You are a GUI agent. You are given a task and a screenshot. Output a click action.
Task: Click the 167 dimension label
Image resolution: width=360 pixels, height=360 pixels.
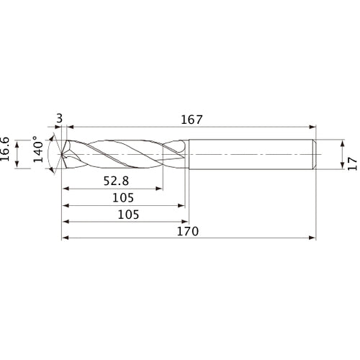click(x=192, y=120)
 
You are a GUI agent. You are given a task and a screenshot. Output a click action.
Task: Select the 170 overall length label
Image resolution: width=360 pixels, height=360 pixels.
click(x=188, y=231)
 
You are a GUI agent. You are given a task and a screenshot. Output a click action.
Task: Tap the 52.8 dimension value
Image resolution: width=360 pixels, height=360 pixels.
click(x=116, y=181)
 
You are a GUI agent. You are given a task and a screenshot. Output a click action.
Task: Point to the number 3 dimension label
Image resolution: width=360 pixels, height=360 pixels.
click(x=59, y=119)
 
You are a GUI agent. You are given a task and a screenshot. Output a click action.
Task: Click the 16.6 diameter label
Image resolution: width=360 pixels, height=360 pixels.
click(x=5, y=149)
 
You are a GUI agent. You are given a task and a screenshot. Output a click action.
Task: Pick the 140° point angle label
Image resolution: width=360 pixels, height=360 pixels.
click(x=38, y=149)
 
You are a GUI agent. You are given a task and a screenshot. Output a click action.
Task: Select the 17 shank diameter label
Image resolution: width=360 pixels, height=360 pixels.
click(x=352, y=163)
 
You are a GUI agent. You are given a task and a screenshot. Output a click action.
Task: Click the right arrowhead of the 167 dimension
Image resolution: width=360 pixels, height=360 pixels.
click(x=312, y=127)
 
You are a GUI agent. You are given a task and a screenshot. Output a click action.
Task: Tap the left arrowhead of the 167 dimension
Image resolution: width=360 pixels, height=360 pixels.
click(x=70, y=127)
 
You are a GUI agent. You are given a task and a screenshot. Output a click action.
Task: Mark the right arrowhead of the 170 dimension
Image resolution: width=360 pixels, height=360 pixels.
click(x=312, y=238)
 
